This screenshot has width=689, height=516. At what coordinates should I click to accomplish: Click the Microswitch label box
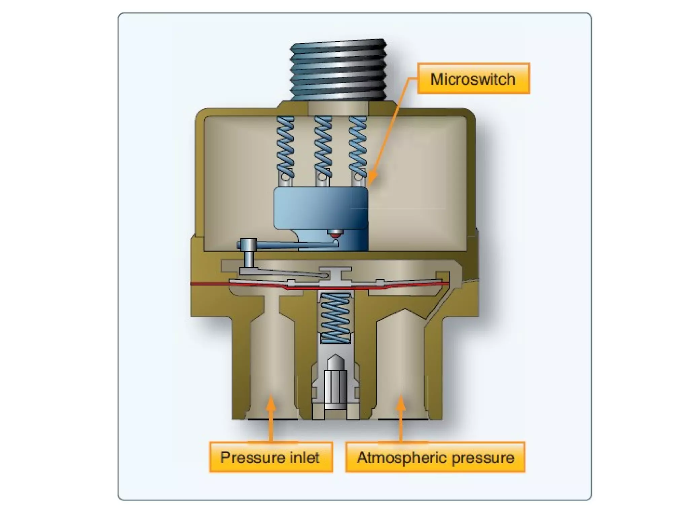473,79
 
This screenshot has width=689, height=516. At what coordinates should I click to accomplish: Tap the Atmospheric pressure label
435,457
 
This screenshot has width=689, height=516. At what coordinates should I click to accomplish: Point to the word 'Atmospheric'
402,457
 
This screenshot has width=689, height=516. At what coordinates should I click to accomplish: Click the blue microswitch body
320,208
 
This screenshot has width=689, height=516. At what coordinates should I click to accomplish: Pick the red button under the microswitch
335,233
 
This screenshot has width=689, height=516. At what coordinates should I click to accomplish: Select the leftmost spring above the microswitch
285,146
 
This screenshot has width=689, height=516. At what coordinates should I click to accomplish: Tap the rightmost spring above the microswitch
358,146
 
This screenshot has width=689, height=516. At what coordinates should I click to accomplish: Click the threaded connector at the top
338,71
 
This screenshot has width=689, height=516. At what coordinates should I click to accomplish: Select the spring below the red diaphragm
335,317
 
